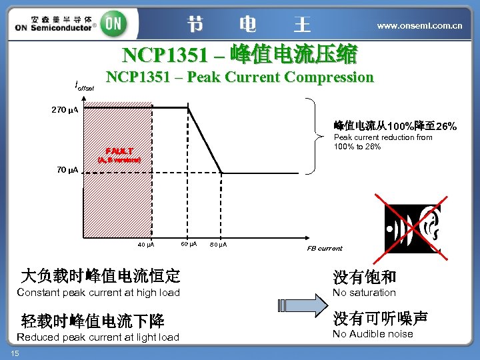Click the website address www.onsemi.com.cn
419,25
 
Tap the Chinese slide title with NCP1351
239,53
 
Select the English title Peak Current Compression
240,77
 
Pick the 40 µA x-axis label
146,245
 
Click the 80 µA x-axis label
218,245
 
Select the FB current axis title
324,248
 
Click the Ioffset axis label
85,85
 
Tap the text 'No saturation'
364,293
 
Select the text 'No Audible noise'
373,334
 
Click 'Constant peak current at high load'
98,293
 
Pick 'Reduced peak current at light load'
98,337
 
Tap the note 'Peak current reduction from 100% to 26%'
383,142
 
